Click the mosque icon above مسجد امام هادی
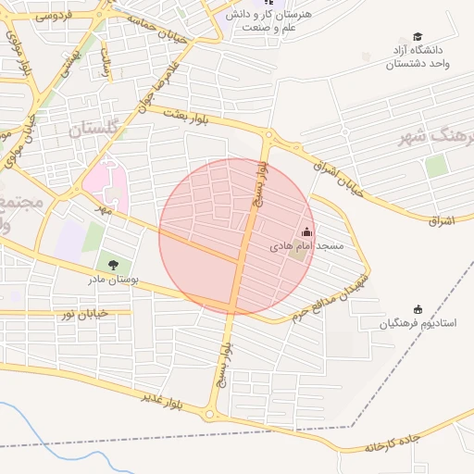(x=307, y=231)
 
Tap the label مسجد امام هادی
(x=306, y=247)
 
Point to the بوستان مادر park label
(x=112, y=279)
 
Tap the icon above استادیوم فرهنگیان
(x=417, y=308)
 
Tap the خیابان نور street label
(x=84, y=314)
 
